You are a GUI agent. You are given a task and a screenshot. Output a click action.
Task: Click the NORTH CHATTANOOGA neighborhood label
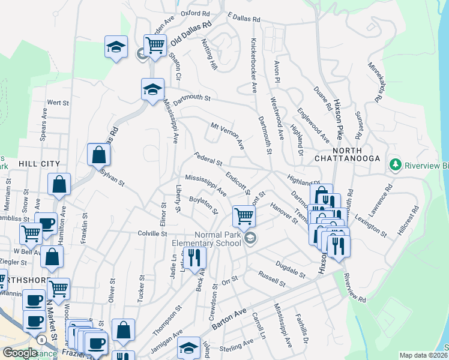click(348, 154)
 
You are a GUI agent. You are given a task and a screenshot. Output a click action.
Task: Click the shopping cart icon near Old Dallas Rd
click(155, 45)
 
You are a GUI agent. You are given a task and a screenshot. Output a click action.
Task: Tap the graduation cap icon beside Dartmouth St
click(152, 90)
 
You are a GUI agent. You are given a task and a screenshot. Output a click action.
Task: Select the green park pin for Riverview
click(395, 164)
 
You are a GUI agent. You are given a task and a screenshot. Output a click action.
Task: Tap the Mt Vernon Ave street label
click(228, 136)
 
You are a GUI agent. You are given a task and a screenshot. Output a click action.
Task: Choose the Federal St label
click(208, 159)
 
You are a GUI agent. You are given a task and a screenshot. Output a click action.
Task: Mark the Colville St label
click(151, 234)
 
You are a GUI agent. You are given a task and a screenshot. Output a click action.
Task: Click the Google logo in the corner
click(20, 353)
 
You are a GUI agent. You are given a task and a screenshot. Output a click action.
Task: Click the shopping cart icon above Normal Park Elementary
click(244, 215)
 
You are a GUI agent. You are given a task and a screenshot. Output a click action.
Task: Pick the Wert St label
click(58, 103)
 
